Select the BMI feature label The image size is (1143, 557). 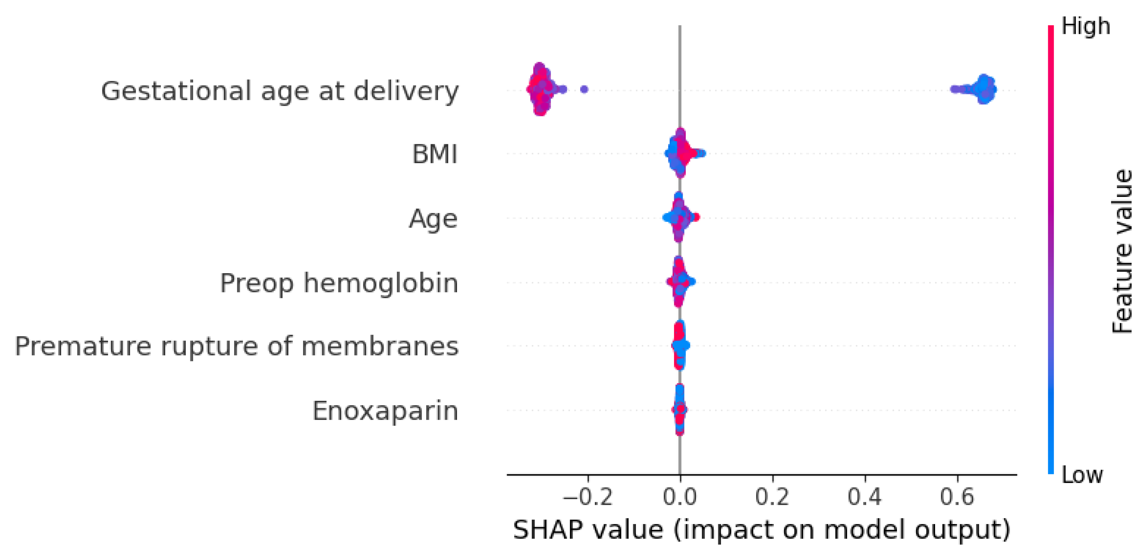coord(434,155)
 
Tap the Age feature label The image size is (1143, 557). coord(433,219)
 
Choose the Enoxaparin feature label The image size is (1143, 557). coord(385,411)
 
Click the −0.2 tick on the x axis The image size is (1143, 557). coord(588,497)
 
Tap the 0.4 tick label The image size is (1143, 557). coord(865,497)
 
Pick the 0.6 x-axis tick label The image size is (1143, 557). coord(957,497)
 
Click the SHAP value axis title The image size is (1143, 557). coord(761,530)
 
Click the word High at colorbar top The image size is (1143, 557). coord(1085,27)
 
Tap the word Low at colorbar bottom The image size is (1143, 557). coord(1082,475)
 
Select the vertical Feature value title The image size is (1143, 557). coord(1123,251)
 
